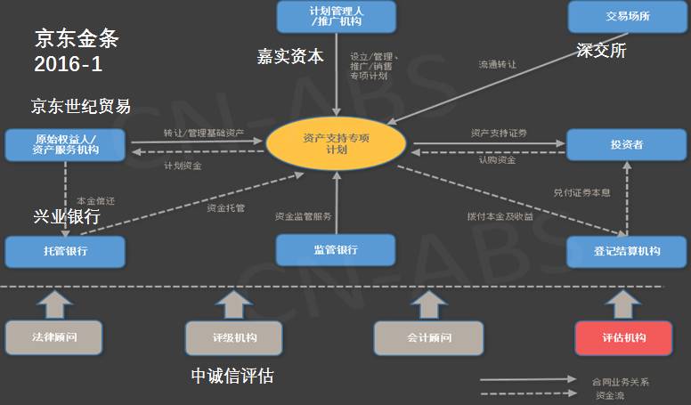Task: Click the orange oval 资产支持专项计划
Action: [336, 144]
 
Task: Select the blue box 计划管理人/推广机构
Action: [337, 16]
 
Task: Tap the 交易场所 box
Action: [627, 15]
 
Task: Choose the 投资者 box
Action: [627, 144]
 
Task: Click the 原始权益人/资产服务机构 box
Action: [65, 144]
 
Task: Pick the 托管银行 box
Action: [65, 251]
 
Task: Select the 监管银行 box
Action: [336, 250]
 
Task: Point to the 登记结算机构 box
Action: [627, 251]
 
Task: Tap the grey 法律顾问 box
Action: [53, 338]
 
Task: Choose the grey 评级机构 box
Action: [233, 338]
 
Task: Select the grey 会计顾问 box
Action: [428, 338]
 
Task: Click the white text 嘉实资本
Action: [290, 56]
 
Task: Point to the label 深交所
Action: [603, 51]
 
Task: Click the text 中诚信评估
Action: [232, 377]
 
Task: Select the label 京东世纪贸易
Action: [81, 107]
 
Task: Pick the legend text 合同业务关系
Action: [620, 381]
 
